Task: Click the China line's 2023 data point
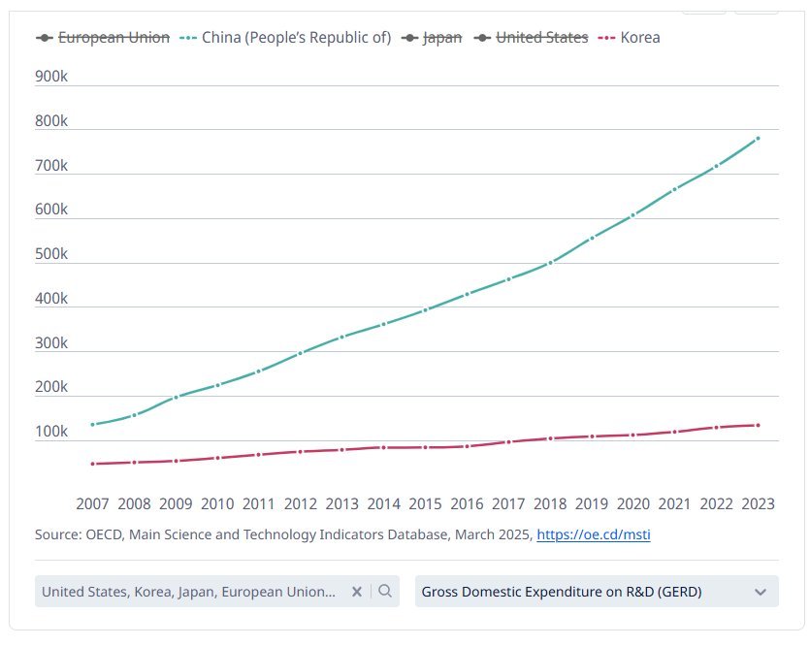757,138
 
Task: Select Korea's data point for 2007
93,464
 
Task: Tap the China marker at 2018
550,262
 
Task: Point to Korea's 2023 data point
757,425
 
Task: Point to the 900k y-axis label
51,77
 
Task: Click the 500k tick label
51,254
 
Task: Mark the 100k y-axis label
51,432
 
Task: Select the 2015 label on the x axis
425,503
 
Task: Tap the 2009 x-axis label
176,503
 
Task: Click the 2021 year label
674,503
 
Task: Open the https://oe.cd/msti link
593,534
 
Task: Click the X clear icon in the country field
357,592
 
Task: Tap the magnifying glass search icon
385,592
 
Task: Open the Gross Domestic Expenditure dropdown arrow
761,592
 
